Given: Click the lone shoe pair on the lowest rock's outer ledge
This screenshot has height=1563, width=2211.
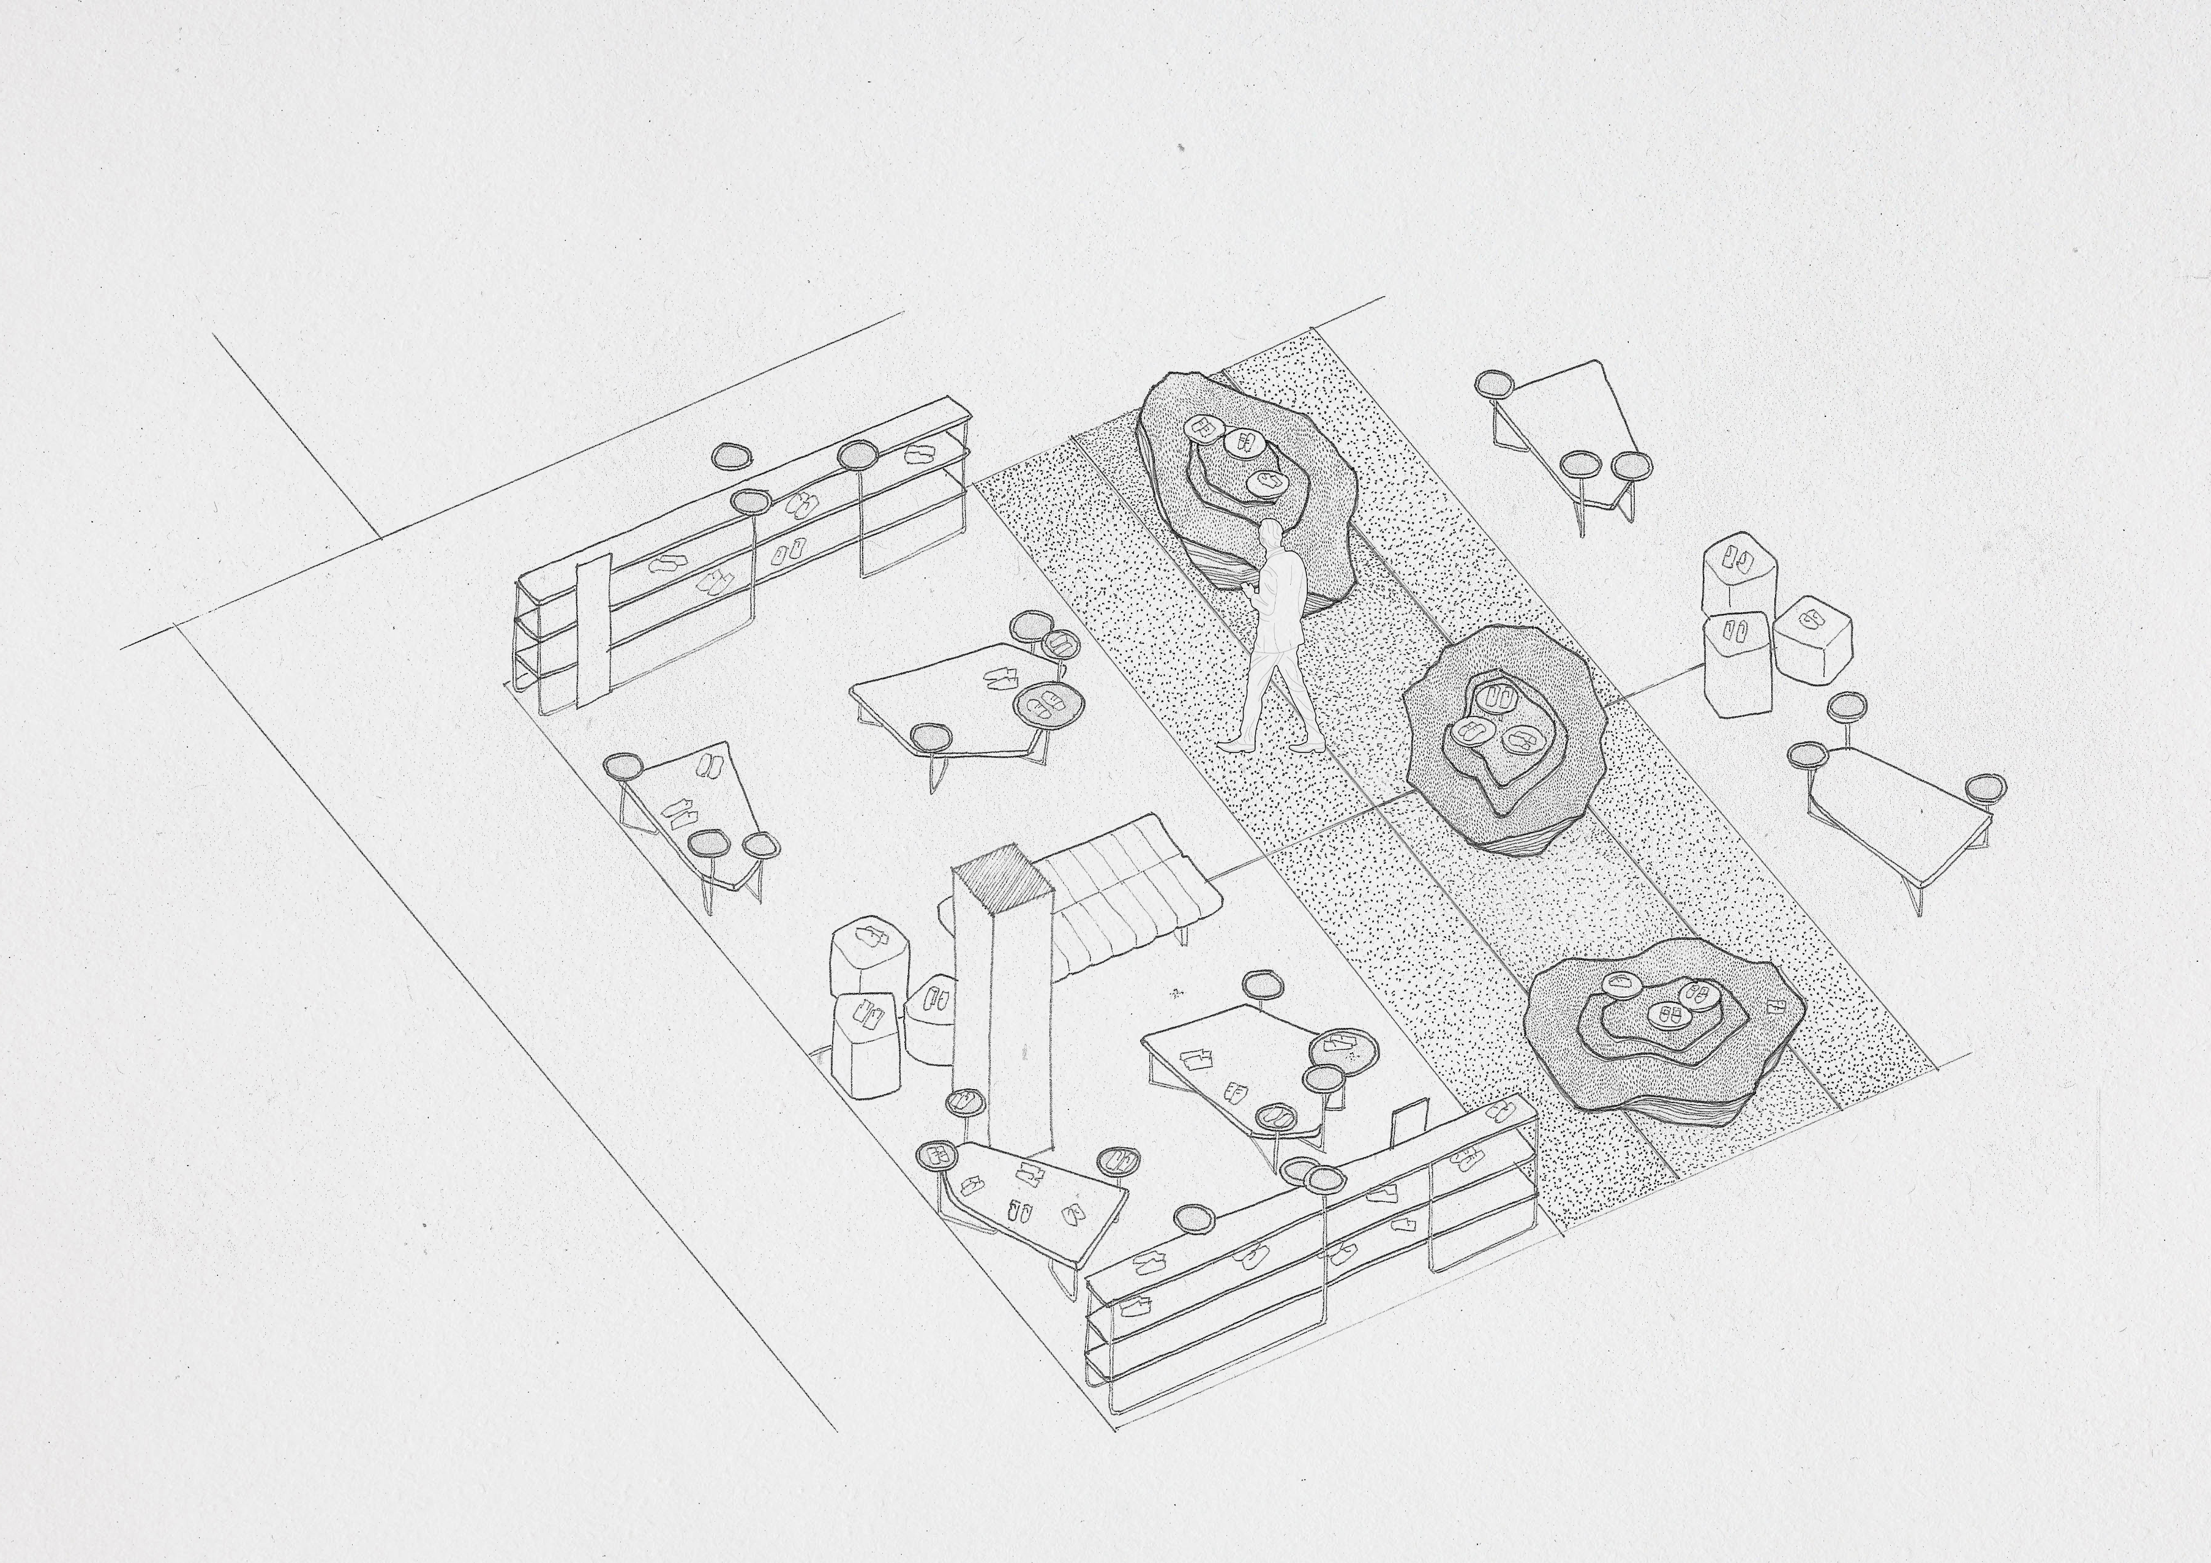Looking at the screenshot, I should pos(1773,1006).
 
